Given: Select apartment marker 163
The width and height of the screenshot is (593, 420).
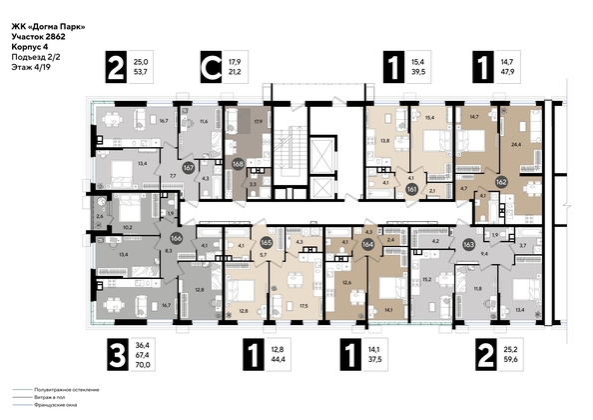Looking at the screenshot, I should point(469,242).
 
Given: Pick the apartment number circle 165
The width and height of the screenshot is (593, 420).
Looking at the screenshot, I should point(267,242).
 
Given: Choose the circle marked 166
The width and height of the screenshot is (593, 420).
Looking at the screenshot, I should point(176,239).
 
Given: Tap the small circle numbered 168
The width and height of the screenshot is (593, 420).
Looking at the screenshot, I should point(238,163).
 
